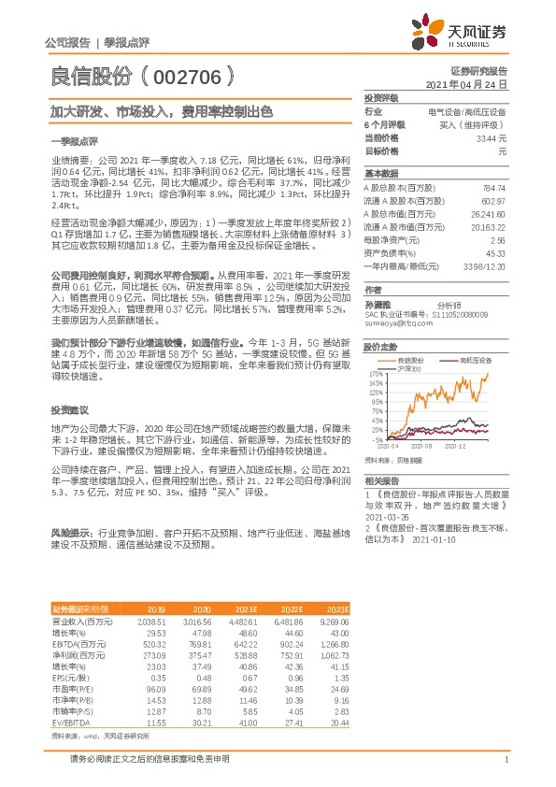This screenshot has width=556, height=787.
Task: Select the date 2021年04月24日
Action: point(478,84)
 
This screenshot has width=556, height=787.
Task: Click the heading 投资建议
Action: point(69,410)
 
